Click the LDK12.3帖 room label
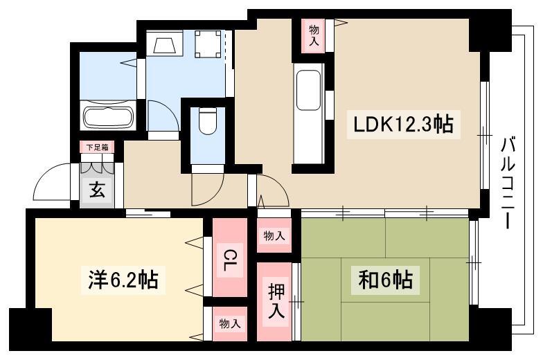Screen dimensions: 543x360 (x=403, y=125)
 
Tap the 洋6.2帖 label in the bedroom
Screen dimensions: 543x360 (x=123, y=280)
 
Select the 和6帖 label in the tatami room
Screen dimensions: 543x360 (x=385, y=280)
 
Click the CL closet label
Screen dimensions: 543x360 (x=229, y=260)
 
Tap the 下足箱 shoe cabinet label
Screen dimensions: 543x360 (x=97, y=147)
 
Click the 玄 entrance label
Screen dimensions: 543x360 (x=97, y=190)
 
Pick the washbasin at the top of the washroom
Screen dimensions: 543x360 (x=165, y=44)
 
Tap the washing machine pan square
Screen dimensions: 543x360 (x=208, y=44)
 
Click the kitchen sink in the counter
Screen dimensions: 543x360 (x=308, y=90)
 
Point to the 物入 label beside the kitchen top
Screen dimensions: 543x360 (x=314, y=36)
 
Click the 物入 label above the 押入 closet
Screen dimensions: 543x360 (x=274, y=236)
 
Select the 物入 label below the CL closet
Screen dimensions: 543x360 (x=230, y=324)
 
